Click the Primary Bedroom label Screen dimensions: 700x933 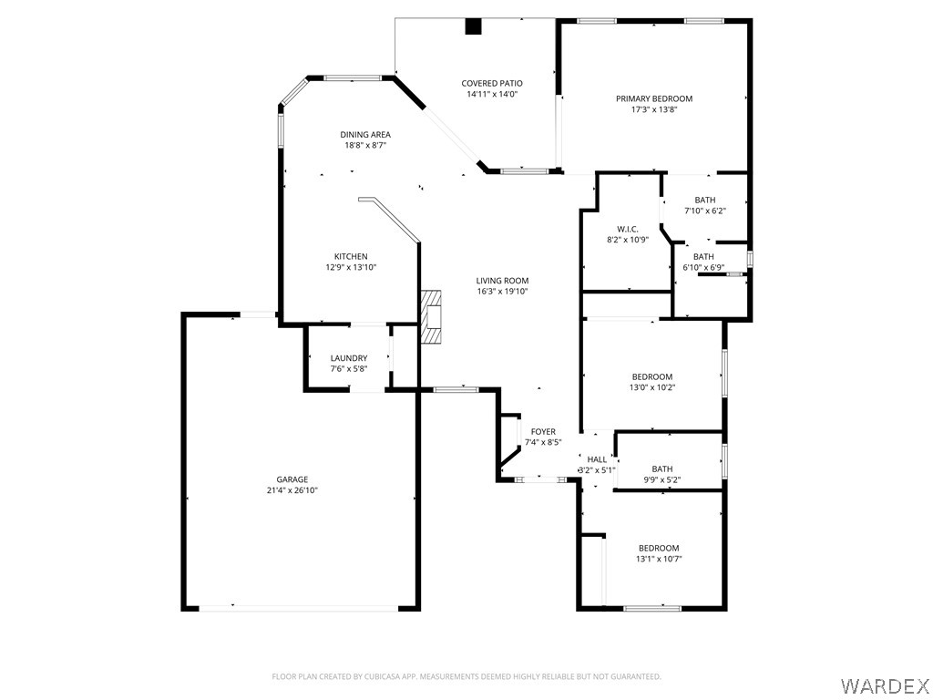click(653, 98)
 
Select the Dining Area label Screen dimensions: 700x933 click(365, 135)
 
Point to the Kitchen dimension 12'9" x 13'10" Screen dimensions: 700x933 click(351, 267)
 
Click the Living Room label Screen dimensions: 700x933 click(502, 281)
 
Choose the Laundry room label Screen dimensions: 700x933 click(349, 358)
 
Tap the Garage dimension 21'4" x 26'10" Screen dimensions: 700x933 click(292, 490)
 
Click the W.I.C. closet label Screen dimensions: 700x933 click(627, 229)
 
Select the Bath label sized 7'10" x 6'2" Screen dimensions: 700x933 click(704, 201)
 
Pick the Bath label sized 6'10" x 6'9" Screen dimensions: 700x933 click(702, 257)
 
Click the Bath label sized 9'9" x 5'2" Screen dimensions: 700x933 click(661, 468)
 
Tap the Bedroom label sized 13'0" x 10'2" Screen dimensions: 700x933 click(652, 376)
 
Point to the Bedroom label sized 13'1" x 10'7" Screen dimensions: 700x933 click(658, 548)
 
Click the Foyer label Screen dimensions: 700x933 click(543, 432)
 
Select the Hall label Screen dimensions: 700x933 click(597, 459)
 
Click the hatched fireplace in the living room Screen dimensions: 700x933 click(431, 317)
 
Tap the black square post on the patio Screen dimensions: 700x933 click(473, 27)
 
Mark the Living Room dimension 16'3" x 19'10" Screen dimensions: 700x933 click(502, 292)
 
